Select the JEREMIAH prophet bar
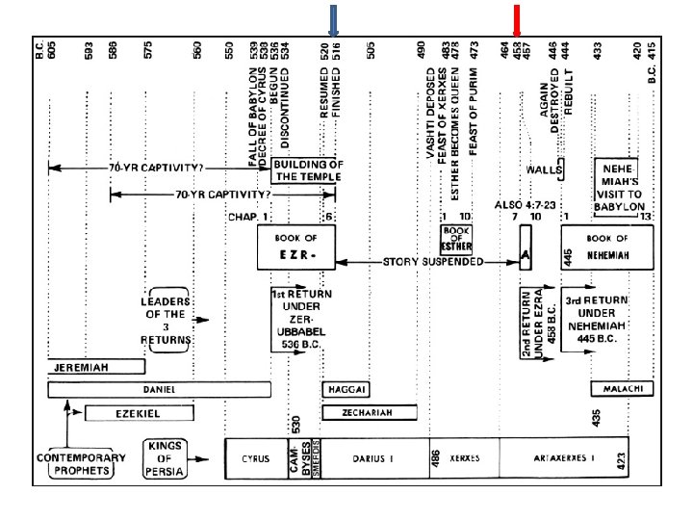(96, 367)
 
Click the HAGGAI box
(346, 389)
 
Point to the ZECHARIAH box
(369, 412)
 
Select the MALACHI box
(622, 389)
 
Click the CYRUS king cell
(255, 459)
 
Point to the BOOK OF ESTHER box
(456, 239)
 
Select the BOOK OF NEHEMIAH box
(608, 247)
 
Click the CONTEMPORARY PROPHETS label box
(81, 464)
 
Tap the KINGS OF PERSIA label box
(164, 459)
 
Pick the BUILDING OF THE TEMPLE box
(307, 170)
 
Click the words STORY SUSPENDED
(433, 262)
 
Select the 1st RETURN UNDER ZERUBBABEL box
(301, 319)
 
